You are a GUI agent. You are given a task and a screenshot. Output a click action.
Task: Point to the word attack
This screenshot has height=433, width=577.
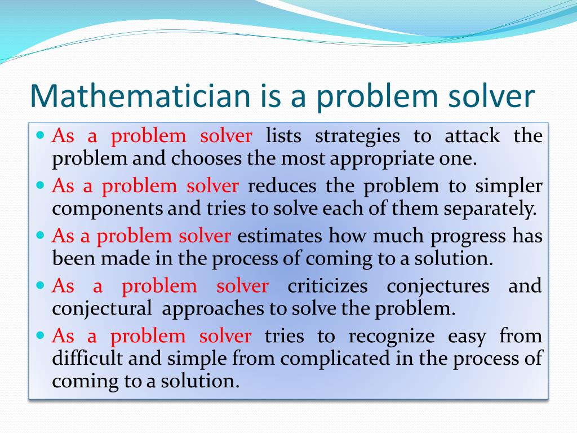472,136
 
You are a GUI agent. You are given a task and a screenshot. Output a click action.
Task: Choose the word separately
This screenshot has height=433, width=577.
491,209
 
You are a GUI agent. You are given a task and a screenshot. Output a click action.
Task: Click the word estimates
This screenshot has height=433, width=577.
280,236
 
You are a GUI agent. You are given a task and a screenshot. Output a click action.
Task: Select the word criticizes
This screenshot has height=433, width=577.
327,286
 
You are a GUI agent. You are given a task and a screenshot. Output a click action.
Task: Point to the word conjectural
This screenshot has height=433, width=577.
102,309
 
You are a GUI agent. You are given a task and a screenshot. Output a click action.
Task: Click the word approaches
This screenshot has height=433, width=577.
207,309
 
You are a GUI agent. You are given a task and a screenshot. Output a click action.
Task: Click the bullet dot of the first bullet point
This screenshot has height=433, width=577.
40,135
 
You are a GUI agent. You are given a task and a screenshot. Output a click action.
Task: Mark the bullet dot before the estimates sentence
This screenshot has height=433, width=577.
40,235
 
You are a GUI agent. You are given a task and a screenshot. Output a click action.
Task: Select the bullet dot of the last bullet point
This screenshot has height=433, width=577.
40,335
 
